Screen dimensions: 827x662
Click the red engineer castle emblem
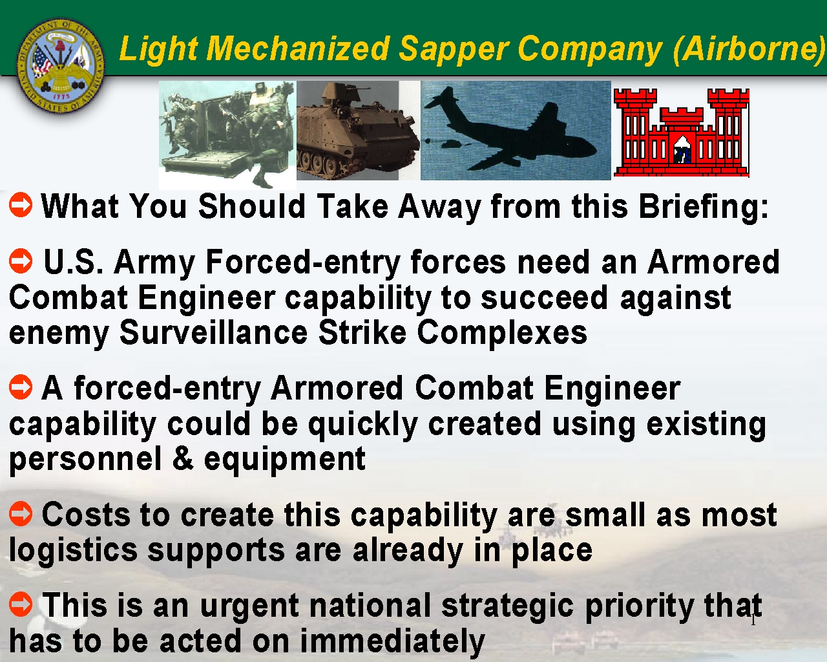pyautogui.click(x=682, y=133)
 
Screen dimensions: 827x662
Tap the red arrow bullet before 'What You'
pyautogui.click(x=21, y=205)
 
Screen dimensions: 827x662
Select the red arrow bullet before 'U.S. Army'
pyautogui.click(x=21, y=261)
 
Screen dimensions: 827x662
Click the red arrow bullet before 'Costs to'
pyautogui.click(x=21, y=513)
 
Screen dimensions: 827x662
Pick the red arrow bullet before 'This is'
pyautogui.click(x=21, y=604)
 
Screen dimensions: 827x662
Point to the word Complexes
pyautogui.click(x=502, y=334)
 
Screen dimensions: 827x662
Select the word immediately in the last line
pyautogui.click(x=392, y=641)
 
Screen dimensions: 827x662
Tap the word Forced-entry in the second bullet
pyautogui.click(x=303, y=262)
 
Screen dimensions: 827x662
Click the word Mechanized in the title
pyautogui.click(x=297, y=48)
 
